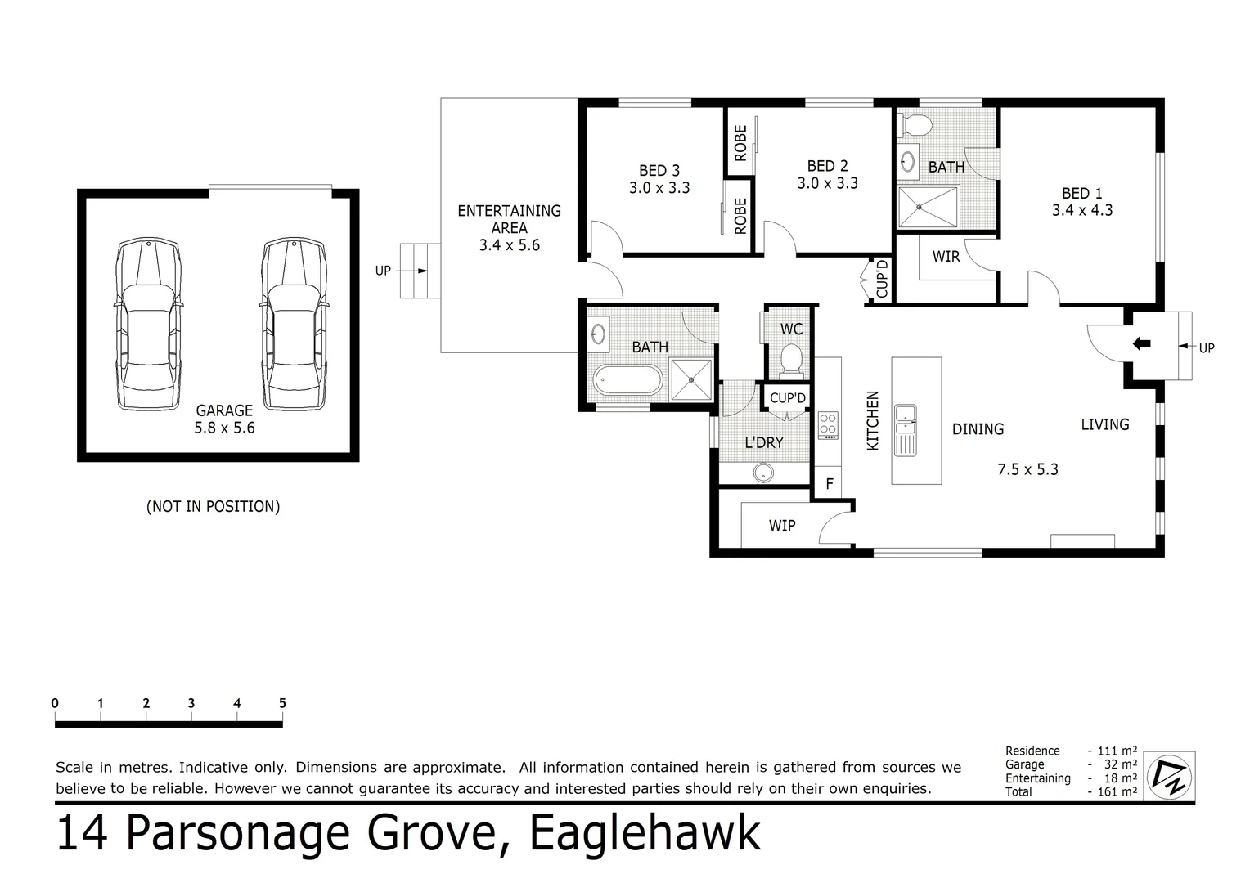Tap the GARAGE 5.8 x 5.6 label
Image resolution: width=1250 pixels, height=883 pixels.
(x=224, y=419)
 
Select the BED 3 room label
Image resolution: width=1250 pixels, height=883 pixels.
(x=659, y=171)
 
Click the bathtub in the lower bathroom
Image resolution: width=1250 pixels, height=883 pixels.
(x=627, y=381)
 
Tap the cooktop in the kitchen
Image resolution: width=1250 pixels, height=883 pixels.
(x=829, y=424)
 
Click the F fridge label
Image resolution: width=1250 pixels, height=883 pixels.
(x=829, y=484)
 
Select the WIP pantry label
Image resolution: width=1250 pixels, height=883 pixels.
(x=782, y=525)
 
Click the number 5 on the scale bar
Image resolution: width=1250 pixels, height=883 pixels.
(x=282, y=703)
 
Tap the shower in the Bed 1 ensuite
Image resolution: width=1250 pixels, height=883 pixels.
(x=928, y=207)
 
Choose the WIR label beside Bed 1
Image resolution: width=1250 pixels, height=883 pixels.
(x=946, y=257)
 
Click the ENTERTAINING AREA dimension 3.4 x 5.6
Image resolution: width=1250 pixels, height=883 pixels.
(x=509, y=244)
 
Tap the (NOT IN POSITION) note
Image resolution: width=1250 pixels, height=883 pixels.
(x=213, y=506)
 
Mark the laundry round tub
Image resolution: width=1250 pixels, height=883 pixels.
(x=763, y=472)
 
